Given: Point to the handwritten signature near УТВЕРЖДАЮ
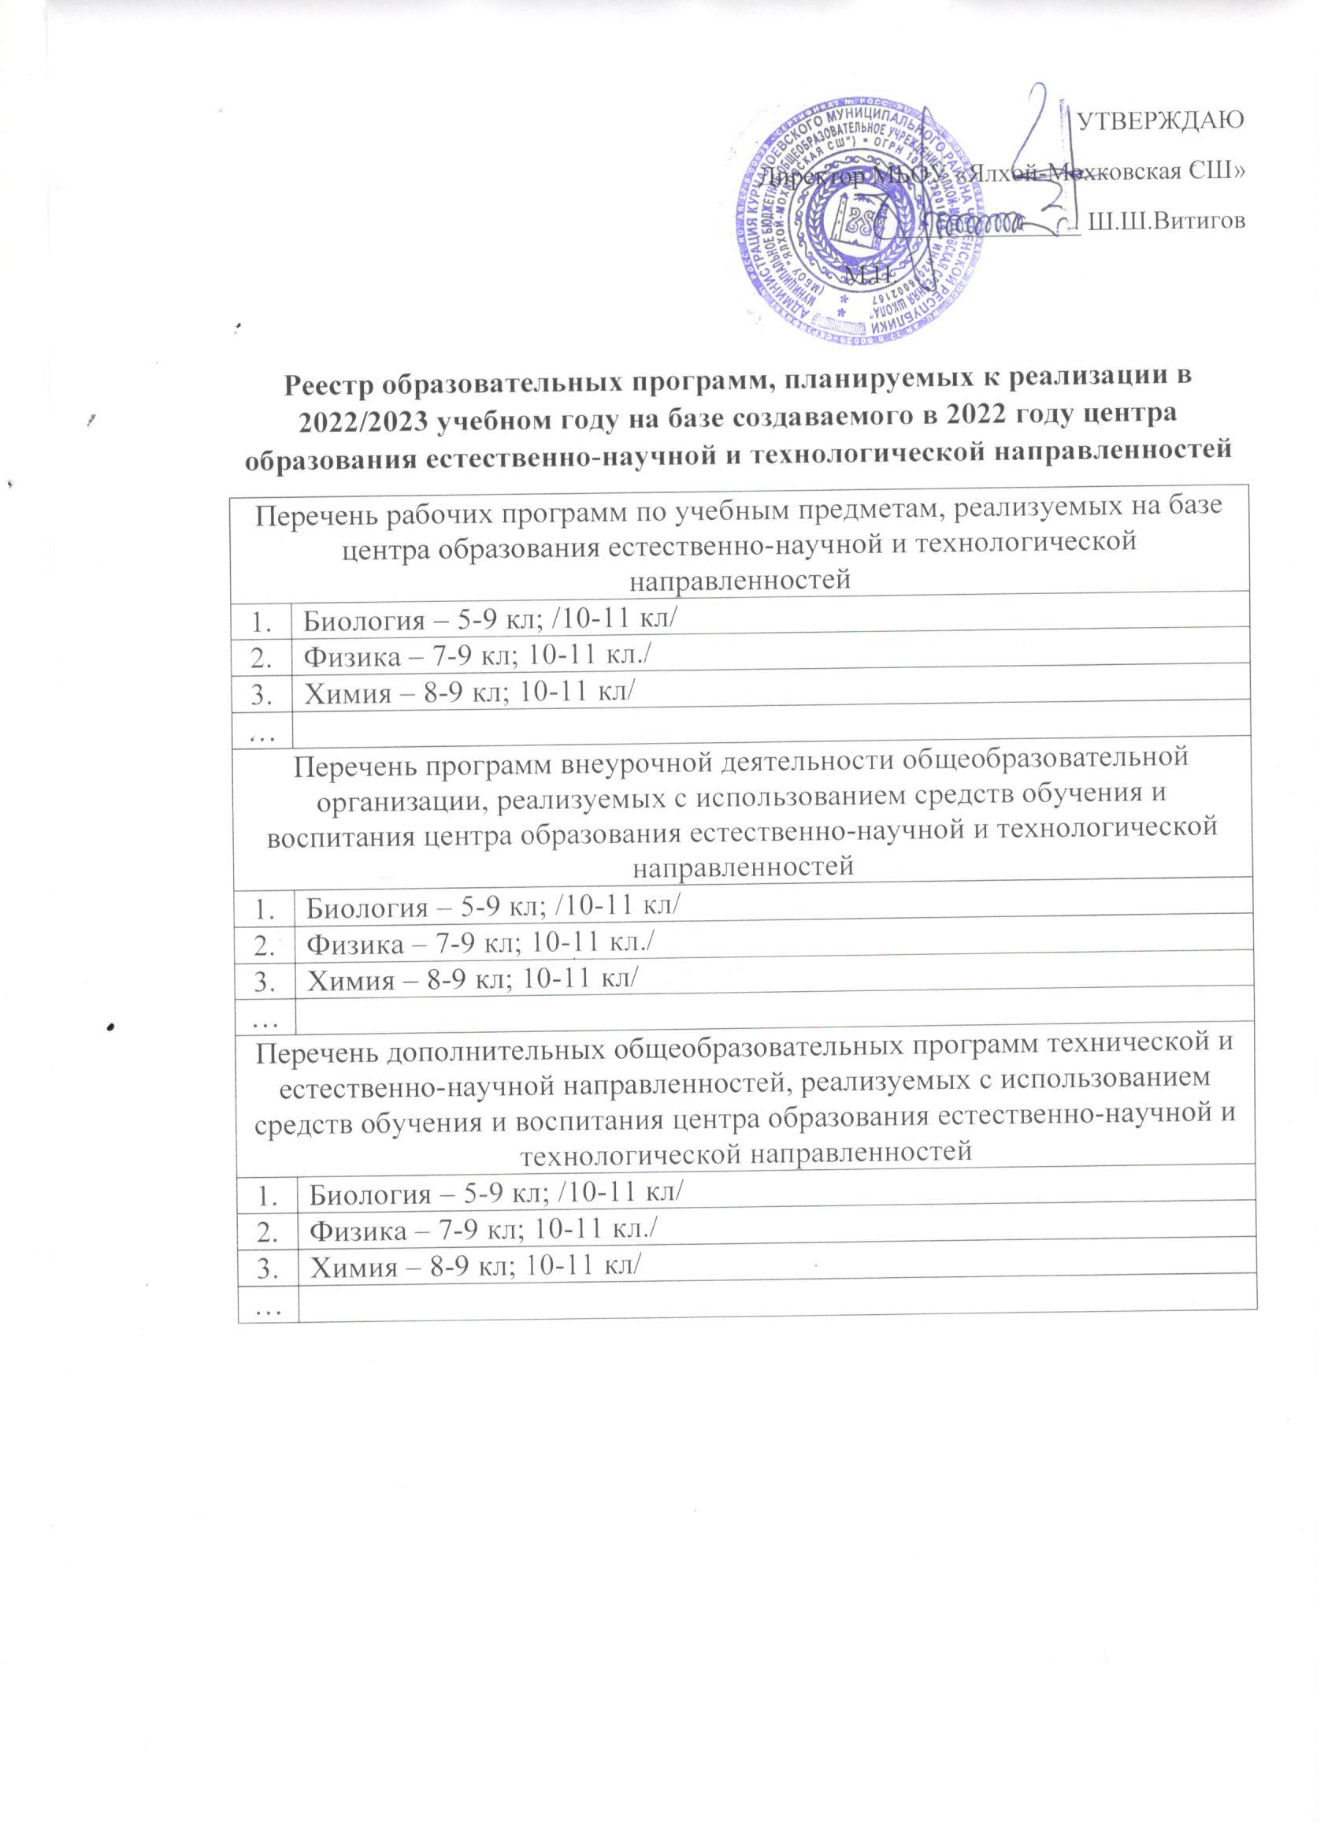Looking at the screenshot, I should (x=1048, y=162).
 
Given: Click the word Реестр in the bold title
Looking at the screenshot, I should (x=334, y=383).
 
